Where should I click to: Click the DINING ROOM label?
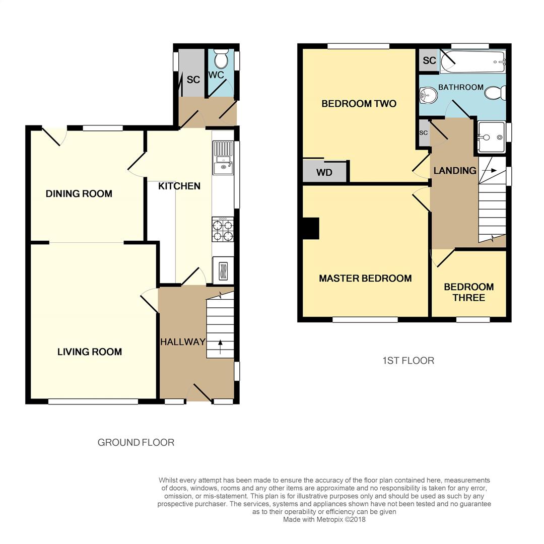pyautogui.click(x=79, y=194)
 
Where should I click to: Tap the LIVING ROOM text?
pyautogui.click(x=89, y=352)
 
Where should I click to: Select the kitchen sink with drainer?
pyautogui.click(x=223, y=157)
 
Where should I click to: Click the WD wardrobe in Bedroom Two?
pyautogui.click(x=324, y=172)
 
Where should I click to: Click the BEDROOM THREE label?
pyautogui.click(x=468, y=292)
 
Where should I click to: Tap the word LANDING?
pyautogui.click(x=455, y=171)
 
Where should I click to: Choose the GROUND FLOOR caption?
pyautogui.click(x=136, y=443)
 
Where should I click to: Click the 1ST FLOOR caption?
pyautogui.click(x=408, y=361)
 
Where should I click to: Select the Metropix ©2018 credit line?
pyautogui.click(x=324, y=519)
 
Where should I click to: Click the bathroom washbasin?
pyautogui.click(x=427, y=95)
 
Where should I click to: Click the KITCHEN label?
pyautogui.click(x=179, y=186)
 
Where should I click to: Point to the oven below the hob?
pyautogui.click(x=223, y=271)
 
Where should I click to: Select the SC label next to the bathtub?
pyautogui.click(x=429, y=61)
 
